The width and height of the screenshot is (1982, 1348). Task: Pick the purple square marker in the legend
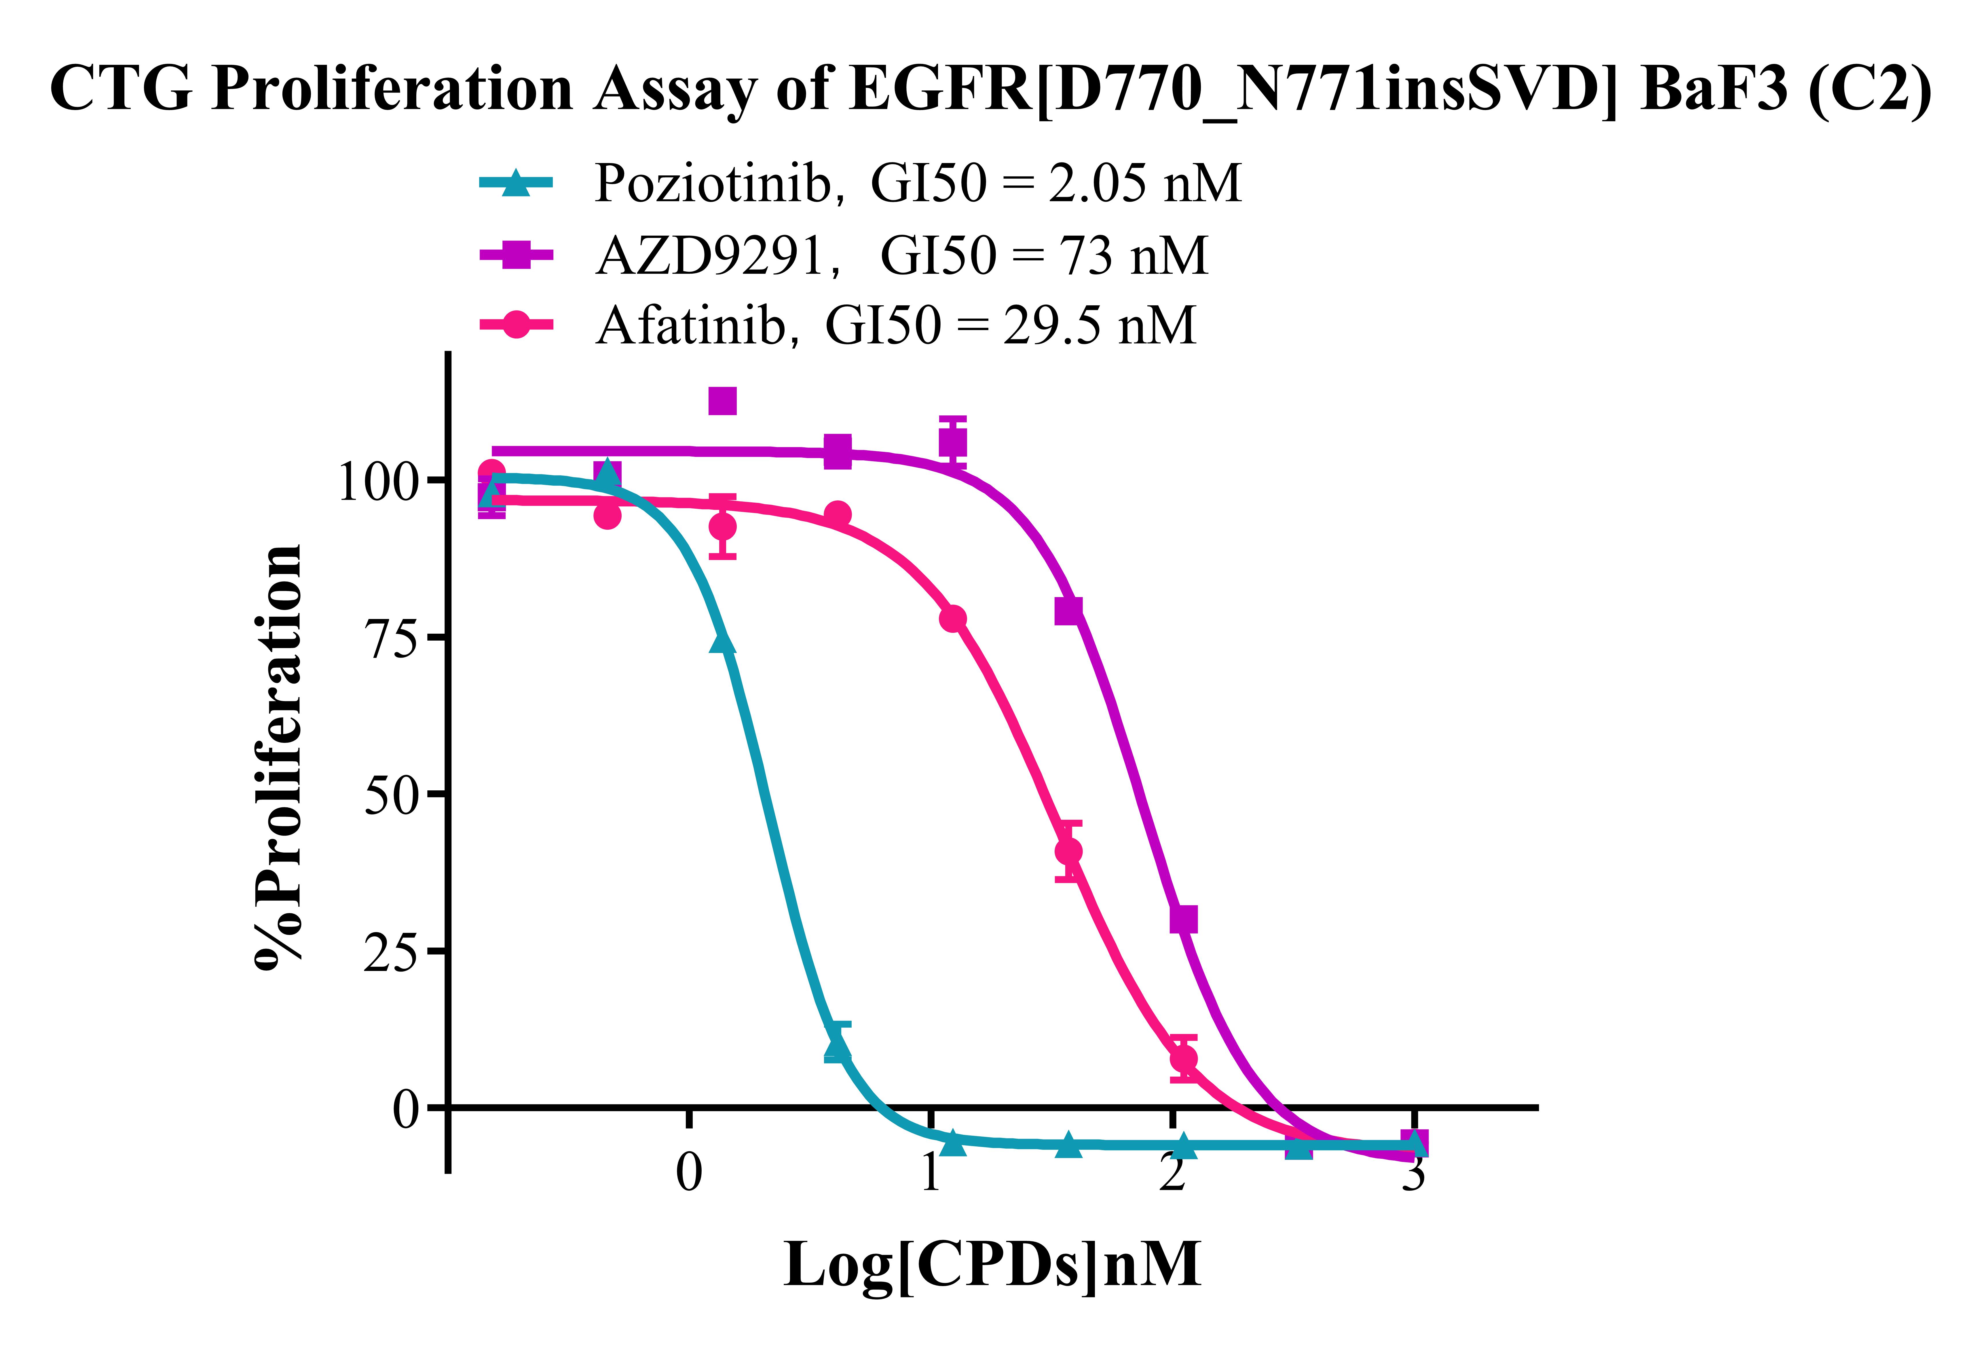point(516,254)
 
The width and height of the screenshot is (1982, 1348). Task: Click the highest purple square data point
point(722,401)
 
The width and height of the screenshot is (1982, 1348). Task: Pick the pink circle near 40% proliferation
point(1068,851)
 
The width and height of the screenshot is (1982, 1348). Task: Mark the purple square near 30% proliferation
point(1183,920)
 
